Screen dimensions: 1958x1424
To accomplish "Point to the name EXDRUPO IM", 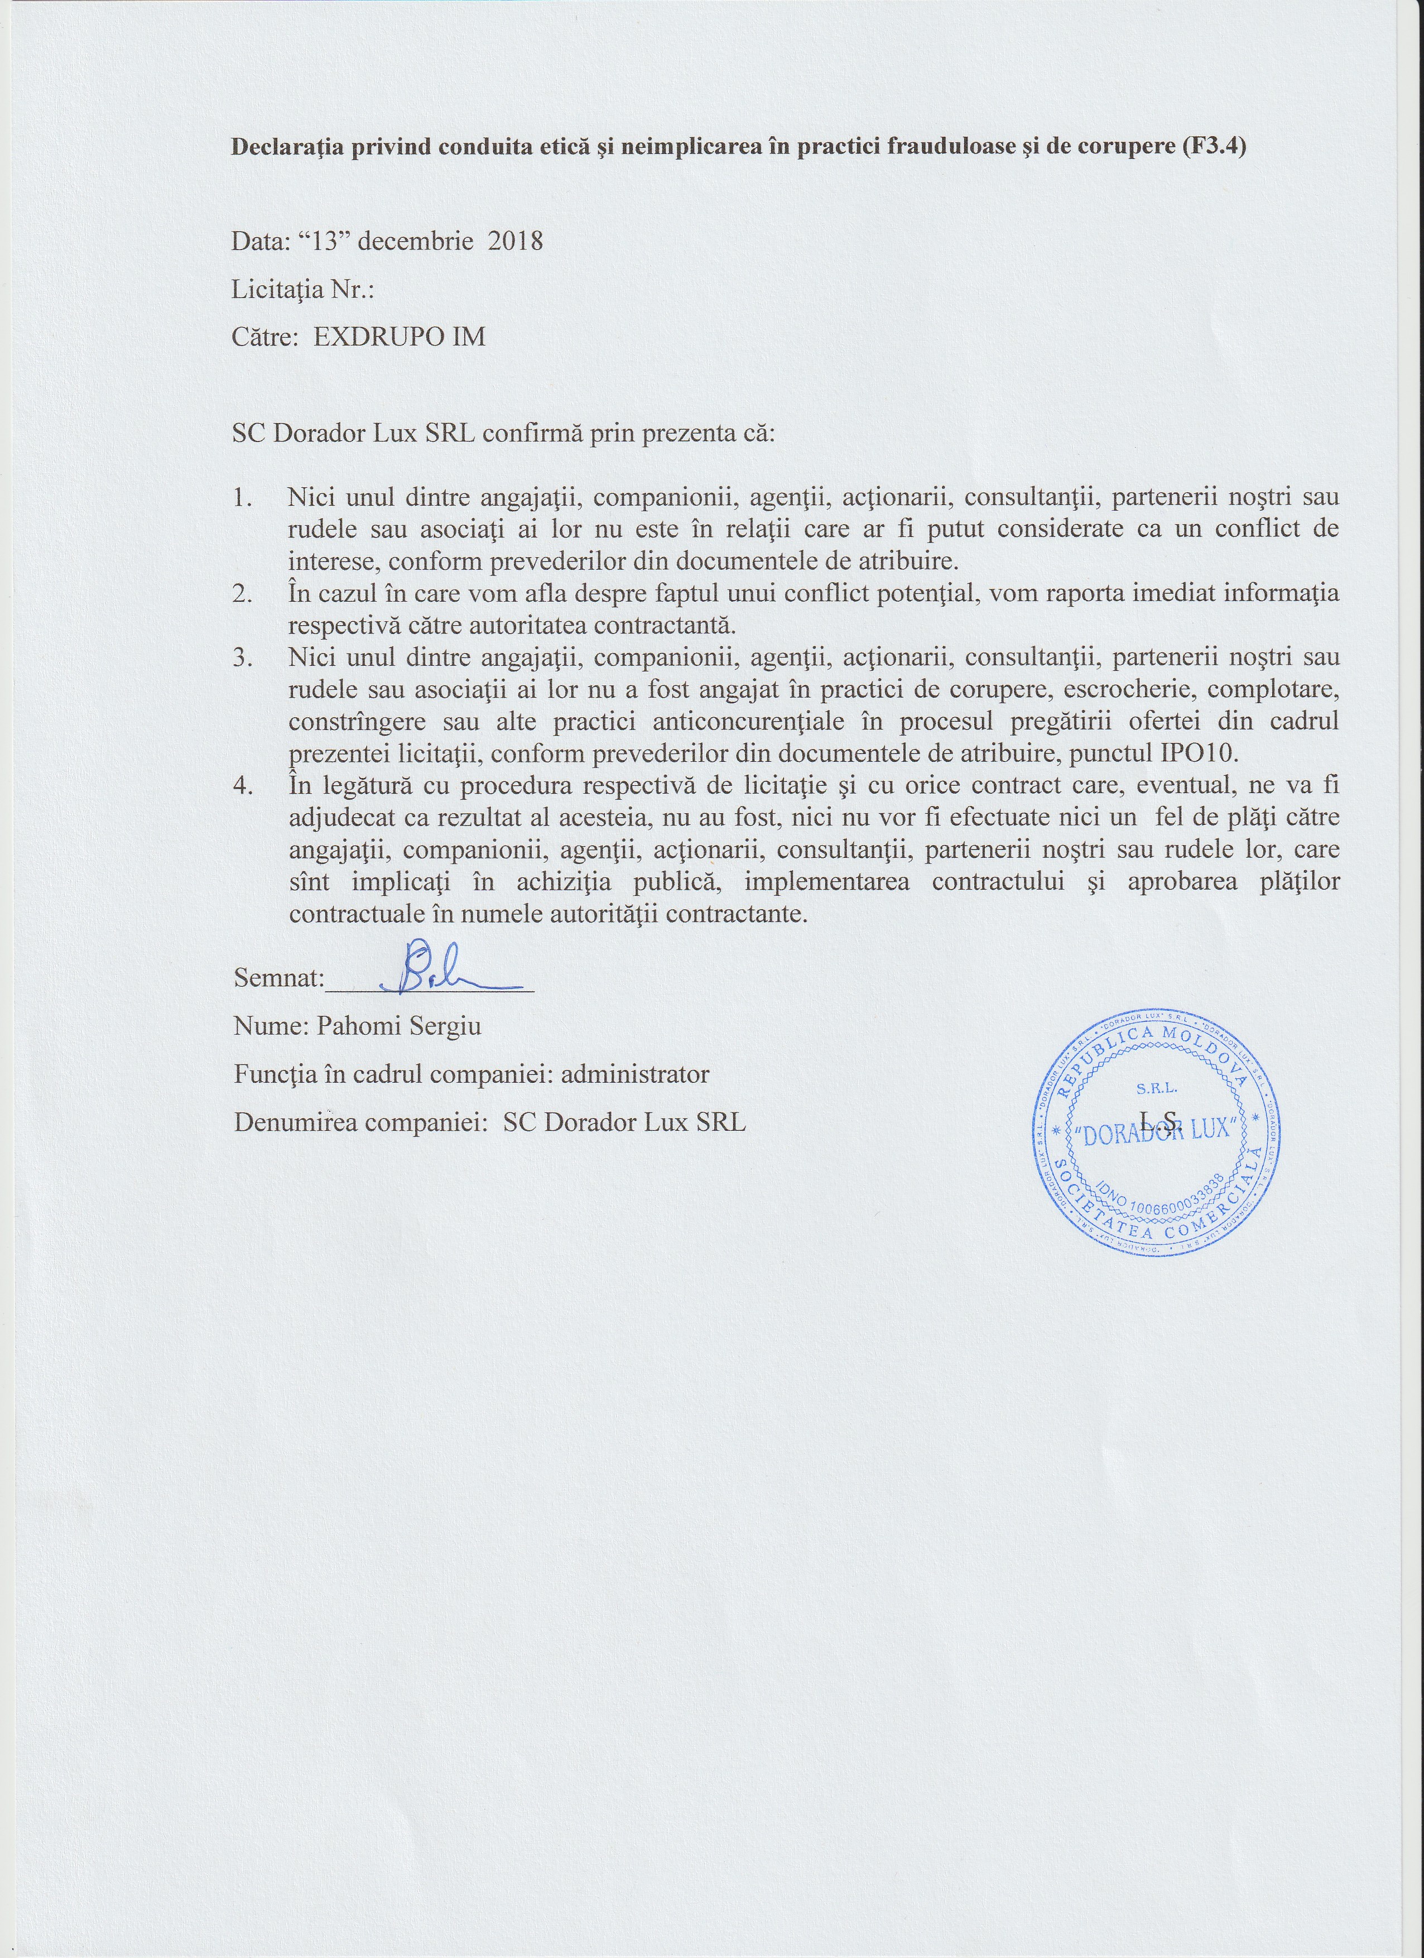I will [399, 336].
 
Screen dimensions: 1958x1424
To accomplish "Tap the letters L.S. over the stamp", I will [1158, 1120].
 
